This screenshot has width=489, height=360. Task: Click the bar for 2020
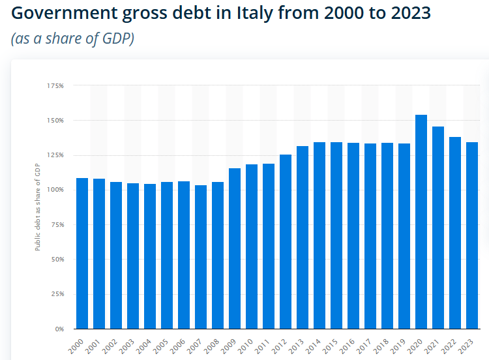click(x=421, y=222)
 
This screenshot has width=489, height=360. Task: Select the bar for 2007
click(x=201, y=257)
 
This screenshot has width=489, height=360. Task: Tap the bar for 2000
click(x=82, y=253)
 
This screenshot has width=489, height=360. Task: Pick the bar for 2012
click(x=286, y=242)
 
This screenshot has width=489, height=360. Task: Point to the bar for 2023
click(x=472, y=235)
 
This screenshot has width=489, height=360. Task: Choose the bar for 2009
click(x=235, y=248)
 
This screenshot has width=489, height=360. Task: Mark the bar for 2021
click(x=438, y=228)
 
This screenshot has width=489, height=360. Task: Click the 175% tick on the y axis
click(x=55, y=86)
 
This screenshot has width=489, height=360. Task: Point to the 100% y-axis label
click(x=55, y=190)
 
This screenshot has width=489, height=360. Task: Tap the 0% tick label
click(x=59, y=329)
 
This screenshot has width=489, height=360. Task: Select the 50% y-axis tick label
click(x=57, y=259)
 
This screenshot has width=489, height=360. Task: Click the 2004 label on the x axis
click(x=144, y=346)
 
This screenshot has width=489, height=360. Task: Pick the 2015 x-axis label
click(x=330, y=346)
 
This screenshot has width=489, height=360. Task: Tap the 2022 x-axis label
click(x=449, y=346)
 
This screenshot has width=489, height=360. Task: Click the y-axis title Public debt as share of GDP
click(x=37, y=207)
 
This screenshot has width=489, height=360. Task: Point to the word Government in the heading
click(x=65, y=13)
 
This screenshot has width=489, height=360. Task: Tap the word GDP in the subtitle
click(x=116, y=38)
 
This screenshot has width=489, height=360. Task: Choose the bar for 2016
click(x=353, y=236)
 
